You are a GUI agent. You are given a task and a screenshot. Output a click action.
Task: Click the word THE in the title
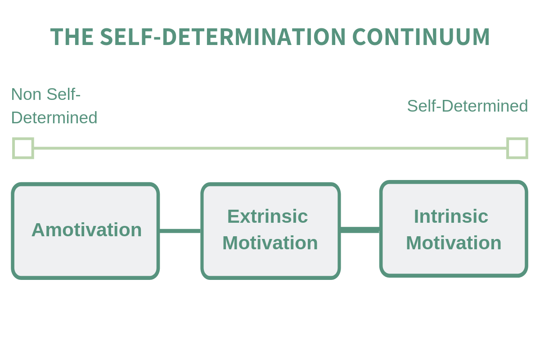tap(72, 36)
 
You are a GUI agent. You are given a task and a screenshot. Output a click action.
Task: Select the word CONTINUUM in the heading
tap(421, 36)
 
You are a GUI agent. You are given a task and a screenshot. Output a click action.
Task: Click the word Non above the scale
tap(26, 94)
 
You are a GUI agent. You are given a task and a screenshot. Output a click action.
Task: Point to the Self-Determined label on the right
tap(468, 106)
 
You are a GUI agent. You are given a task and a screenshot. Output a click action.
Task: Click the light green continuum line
tap(270, 148)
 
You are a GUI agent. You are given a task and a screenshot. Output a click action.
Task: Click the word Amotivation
tap(86, 230)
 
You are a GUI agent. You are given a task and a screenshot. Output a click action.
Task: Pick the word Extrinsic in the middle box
tap(268, 216)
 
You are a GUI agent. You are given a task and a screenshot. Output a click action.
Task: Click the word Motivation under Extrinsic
tap(270, 243)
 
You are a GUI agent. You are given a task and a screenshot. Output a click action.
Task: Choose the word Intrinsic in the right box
tap(451, 216)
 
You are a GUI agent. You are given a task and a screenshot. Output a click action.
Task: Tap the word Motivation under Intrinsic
tap(454, 243)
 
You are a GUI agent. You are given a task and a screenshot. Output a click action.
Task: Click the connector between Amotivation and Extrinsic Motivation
tap(180, 231)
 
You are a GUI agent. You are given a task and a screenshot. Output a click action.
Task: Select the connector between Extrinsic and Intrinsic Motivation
tap(360, 230)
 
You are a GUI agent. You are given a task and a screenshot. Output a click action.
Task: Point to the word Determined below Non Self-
tap(54, 118)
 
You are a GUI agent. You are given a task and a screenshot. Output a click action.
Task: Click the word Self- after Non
tap(63, 94)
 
